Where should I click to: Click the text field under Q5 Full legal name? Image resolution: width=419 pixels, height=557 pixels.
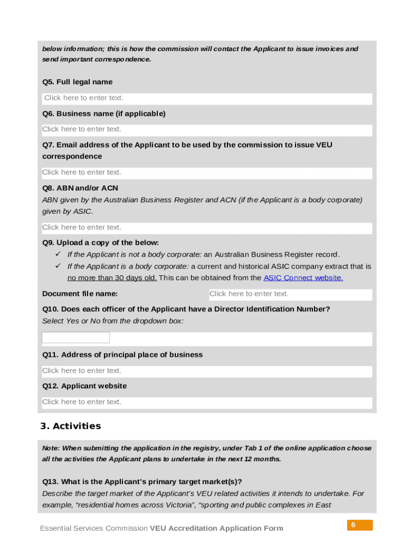point(207,98)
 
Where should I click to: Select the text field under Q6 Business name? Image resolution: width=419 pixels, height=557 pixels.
point(207,130)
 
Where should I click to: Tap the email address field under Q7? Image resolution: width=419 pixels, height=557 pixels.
point(207,173)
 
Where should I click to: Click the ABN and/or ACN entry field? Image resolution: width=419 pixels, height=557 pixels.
point(207,228)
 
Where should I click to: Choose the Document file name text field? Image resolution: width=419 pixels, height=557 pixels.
point(290,294)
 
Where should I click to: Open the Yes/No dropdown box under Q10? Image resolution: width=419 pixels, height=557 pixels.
point(76,338)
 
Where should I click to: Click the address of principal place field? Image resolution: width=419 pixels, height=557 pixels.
point(207,371)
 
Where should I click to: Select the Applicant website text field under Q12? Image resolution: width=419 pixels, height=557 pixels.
point(207,403)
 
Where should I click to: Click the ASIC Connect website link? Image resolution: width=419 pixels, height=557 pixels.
point(303,278)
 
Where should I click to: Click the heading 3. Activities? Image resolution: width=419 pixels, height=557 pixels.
point(71,426)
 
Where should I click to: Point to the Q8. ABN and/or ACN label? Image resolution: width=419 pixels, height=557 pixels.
point(80,188)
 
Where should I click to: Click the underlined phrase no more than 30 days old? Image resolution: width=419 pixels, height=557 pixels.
point(112,278)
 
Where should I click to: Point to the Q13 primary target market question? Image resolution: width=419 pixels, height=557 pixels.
point(142,482)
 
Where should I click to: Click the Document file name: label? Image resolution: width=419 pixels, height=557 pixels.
point(80,294)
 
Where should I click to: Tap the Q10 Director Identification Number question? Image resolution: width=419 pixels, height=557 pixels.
point(186,310)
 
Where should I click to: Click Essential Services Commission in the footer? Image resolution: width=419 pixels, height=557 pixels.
point(94,529)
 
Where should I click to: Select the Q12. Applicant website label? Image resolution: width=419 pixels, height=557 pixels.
point(84,386)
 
